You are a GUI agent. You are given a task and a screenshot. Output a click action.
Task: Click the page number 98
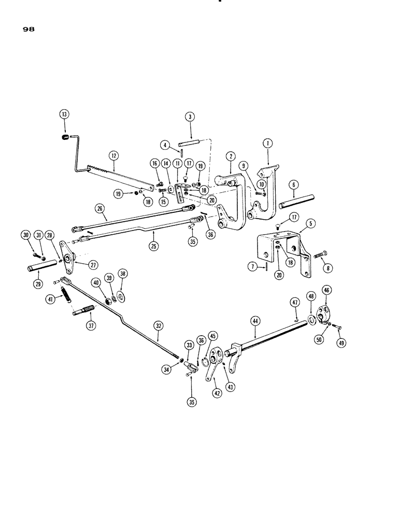28,31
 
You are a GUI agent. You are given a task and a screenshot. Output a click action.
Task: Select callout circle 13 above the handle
65,115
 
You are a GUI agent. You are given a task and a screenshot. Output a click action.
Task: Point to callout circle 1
267,142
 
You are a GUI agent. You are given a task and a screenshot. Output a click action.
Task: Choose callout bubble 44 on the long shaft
255,322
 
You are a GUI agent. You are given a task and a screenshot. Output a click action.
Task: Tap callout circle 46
328,290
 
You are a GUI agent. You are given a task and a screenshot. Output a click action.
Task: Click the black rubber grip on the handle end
65,137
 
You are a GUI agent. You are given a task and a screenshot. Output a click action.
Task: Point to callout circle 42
215,393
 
